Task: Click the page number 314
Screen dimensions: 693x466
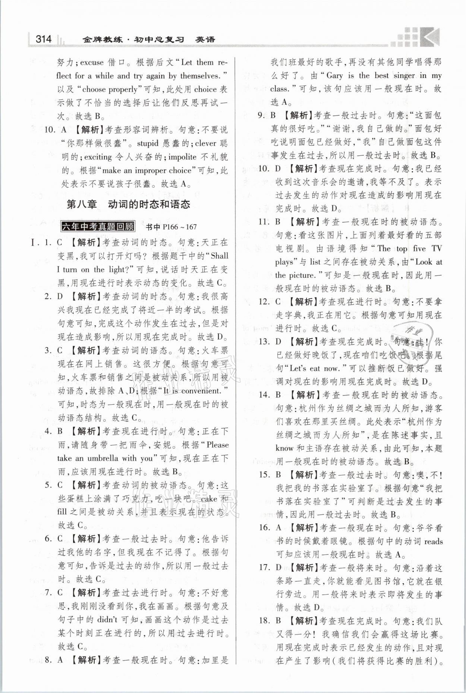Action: click(43, 39)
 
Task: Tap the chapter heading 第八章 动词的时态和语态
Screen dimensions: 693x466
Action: click(128, 204)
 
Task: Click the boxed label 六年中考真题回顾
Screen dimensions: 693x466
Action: click(98, 226)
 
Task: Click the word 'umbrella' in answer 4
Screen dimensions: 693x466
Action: click(103, 458)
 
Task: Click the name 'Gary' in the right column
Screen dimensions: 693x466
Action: click(334, 76)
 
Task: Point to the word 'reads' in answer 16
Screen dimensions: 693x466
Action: click(433, 541)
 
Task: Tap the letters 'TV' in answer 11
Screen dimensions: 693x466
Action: click(436, 248)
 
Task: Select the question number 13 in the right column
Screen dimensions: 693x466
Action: click(264, 341)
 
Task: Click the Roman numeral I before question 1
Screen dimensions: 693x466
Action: click(34, 243)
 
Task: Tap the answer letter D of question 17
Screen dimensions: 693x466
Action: click(278, 568)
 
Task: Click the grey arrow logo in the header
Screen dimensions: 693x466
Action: click(430, 37)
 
